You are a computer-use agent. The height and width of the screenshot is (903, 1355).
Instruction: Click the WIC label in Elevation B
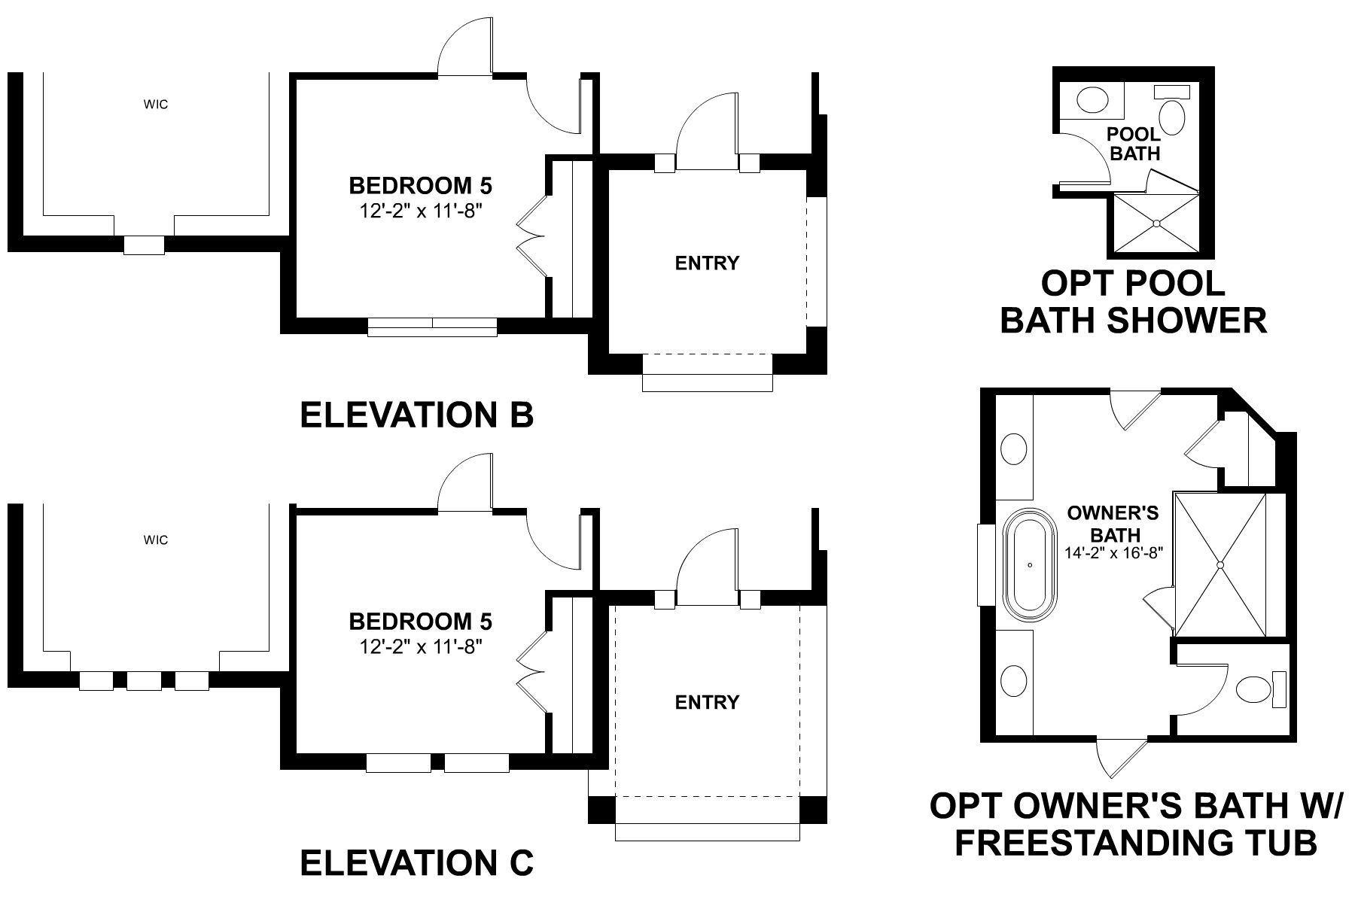[156, 105]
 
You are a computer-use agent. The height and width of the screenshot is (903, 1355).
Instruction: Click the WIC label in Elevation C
[156, 540]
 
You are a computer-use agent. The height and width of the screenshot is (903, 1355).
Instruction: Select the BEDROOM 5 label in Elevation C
[420, 622]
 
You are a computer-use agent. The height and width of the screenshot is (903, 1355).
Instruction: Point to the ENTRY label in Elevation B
[707, 263]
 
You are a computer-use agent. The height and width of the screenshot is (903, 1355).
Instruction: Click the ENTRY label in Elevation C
[707, 702]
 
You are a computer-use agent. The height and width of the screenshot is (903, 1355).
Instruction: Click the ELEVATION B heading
[417, 415]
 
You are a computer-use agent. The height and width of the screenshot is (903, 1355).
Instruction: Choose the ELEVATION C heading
[417, 862]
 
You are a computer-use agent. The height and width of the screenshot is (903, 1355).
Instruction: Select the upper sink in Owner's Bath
[1015, 450]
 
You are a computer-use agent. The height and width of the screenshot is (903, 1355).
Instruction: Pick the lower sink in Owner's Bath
[1015, 681]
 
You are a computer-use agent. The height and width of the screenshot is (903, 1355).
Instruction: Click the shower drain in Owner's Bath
[1221, 564]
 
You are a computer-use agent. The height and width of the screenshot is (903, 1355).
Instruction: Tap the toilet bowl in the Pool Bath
[1172, 117]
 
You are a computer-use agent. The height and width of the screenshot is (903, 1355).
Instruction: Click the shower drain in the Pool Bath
[1156, 223]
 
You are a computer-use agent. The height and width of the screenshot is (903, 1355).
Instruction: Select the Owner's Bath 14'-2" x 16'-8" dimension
[1114, 552]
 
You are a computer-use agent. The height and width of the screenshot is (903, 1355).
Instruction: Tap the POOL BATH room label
[1134, 144]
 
